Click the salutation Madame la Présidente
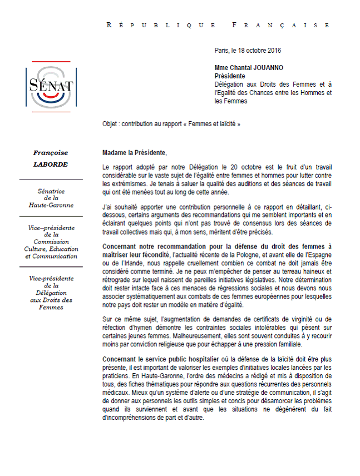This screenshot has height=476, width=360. click(x=135, y=152)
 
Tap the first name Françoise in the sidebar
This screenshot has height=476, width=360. click(x=51, y=152)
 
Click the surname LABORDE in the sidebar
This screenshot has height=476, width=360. click(x=51, y=165)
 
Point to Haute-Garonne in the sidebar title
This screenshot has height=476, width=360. click(x=51, y=205)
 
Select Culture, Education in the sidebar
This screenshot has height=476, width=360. click(x=51, y=250)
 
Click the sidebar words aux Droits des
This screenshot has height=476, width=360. click(x=51, y=300)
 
